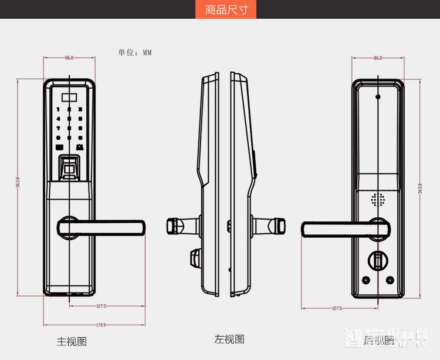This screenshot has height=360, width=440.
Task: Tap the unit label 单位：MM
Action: point(135,52)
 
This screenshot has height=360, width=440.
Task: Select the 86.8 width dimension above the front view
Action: point(69,58)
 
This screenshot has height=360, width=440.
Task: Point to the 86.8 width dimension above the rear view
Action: point(377,58)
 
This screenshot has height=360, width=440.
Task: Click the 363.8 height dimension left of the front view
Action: point(18,183)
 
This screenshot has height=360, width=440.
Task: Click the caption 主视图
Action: point(72,341)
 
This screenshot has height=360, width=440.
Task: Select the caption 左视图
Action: point(229,339)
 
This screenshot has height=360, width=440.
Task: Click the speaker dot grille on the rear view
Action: point(377,200)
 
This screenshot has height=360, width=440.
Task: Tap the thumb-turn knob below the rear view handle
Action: point(378,260)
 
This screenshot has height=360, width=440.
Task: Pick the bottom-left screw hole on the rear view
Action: point(367,280)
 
